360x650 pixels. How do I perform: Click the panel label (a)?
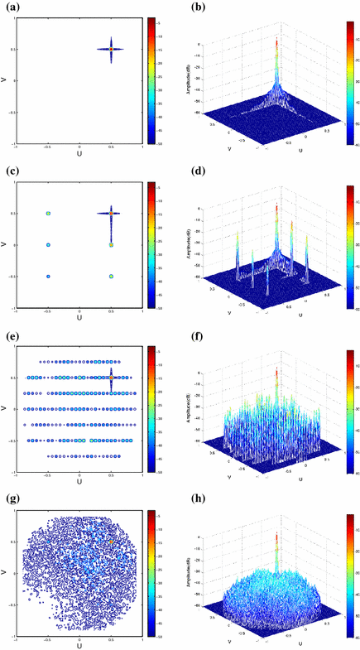pyautogui.click(x=7, y=7)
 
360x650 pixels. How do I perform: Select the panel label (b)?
pyautogui.click(x=193, y=7)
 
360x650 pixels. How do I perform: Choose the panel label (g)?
pyautogui.click(x=7, y=499)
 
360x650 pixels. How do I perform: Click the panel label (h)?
pyautogui.click(x=193, y=499)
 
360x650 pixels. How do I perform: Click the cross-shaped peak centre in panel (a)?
pyautogui.click(x=111, y=49)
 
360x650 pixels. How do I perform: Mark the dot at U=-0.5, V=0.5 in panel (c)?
pyautogui.click(x=49, y=213)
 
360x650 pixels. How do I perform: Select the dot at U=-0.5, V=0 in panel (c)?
pyautogui.click(x=49, y=244)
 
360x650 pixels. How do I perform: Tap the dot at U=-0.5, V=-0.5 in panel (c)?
pyautogui.click(x=49, y=276)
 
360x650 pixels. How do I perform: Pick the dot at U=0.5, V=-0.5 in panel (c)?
pyautogui.click(x=111, y=276)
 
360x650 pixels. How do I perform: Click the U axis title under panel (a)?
pyautogui.click(x=79, y=154)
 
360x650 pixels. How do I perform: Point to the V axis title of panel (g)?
pyautogui.click(x=5, y=572)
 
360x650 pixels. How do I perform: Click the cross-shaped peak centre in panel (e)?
pyautogui.click(x=111, y=377)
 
